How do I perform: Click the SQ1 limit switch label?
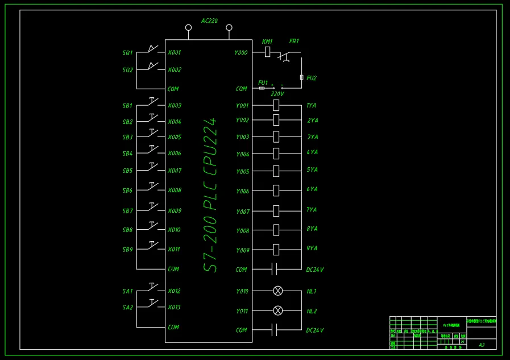(x=127, y=53)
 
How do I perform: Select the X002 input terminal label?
(x=174, y=70)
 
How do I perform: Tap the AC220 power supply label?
(x=209, y=21)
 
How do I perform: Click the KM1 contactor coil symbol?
(x=267, y=52)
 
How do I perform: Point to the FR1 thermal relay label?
(x=294, y=42)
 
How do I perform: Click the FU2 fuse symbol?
(x=301, y=77)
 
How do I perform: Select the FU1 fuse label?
(x=263, y=82)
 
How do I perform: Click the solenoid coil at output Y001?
(x=276, y=105)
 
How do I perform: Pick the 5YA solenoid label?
(x=312, y=170)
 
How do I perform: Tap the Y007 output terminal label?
(x=243, y=212)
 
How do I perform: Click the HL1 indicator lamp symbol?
(x=278, y=291)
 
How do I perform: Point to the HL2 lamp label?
(x=312, y=312)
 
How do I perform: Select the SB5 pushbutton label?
(x=127, y=171)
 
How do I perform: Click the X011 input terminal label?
(x=174, y=250)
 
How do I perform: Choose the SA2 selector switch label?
(x=127, y=308)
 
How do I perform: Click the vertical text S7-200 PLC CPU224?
(x=211, y=195)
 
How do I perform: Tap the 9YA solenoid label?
(x=312, y=249)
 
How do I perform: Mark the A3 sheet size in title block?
(x=482, y=345)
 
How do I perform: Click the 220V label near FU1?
(x=277, y=94)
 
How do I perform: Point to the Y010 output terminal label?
(x=243, y=291)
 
